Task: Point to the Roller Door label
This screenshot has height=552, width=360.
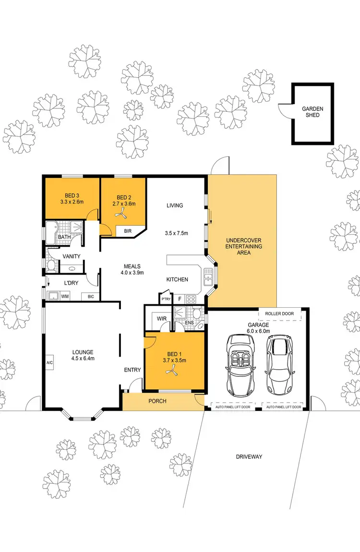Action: [280, 314]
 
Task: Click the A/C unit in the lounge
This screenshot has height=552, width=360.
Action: [49, 363]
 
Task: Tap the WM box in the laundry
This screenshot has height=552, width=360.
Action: [65, 296]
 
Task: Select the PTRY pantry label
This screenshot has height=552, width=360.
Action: [166, 299]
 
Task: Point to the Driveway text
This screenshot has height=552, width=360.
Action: [249, 456]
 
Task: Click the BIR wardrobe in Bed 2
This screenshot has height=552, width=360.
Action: [128, 231]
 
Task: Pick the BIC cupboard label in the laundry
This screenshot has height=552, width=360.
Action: [91, 297]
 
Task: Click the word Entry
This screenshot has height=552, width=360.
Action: [132, 370]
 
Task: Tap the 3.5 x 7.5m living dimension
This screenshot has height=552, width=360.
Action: [176, 234]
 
